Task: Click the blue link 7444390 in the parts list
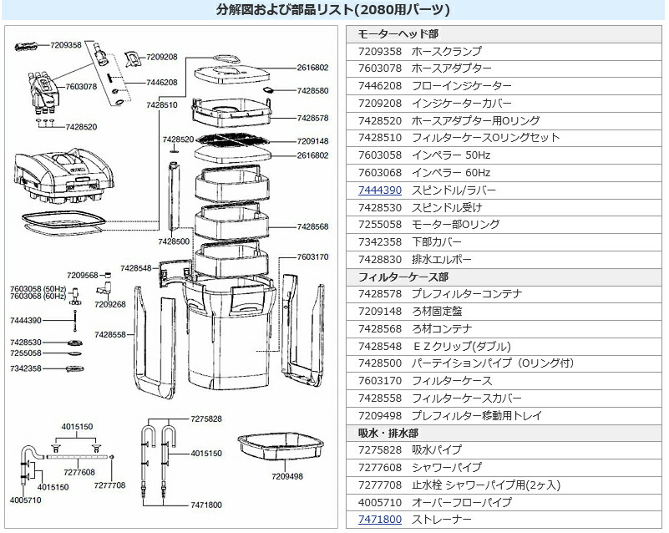click(379, 190)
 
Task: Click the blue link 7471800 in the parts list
click(379, 520)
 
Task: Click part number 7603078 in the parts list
click(379, 69)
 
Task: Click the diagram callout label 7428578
click(312, 119)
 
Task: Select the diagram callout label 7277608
click(79, 472)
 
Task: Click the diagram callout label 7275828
click(206, 418)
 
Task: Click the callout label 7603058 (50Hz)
click(38, 287)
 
